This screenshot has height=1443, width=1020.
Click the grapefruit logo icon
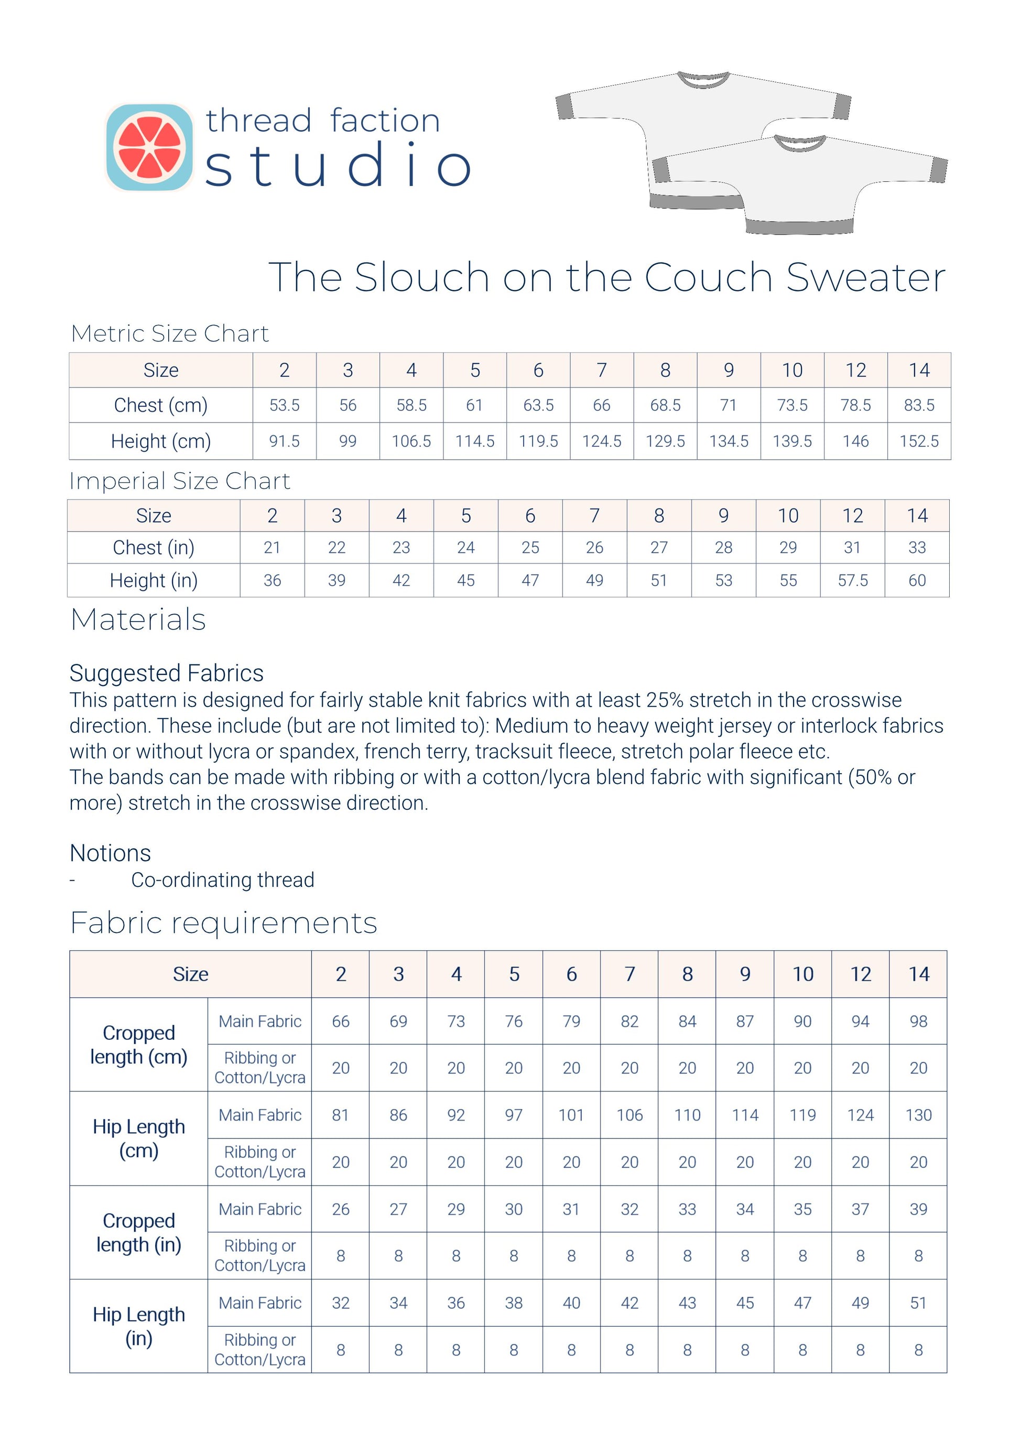149,148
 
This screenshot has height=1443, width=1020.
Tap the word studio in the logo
338,165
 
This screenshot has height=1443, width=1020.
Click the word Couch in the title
708,277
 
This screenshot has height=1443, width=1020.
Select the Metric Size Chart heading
170,334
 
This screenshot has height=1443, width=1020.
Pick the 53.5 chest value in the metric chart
284,405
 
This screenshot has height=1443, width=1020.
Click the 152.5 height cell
918,441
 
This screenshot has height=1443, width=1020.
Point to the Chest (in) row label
154,547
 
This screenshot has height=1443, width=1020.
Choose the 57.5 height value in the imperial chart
852,580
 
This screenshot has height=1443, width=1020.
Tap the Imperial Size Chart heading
180,481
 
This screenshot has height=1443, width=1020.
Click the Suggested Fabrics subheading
167,673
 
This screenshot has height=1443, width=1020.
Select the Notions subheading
111,853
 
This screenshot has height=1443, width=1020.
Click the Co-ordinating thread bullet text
222,880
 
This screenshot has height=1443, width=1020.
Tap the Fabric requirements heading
224,923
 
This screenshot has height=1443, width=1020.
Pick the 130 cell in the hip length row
918,1115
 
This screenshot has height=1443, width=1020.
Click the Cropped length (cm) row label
139,1045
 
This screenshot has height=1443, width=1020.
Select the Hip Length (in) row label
139,1326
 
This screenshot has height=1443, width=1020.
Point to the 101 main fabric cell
571,1115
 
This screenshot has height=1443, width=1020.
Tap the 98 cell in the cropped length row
918,1021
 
